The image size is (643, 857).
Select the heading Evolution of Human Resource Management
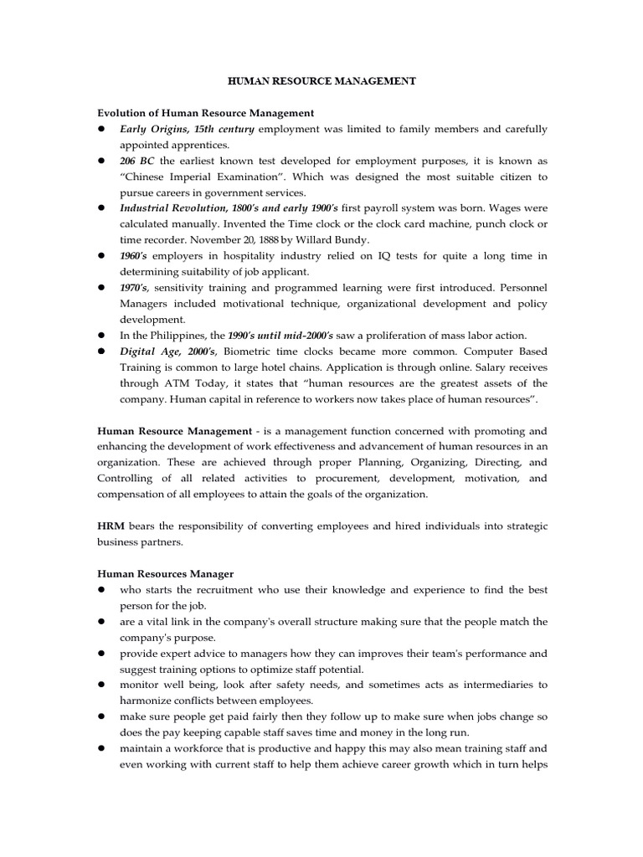pyautogui.click(x=206, y=112)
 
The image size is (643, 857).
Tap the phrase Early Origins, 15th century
pyautogui.click(x=188, y=129)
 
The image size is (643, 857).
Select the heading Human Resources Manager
pyautogui.click(x=166, y=573)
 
